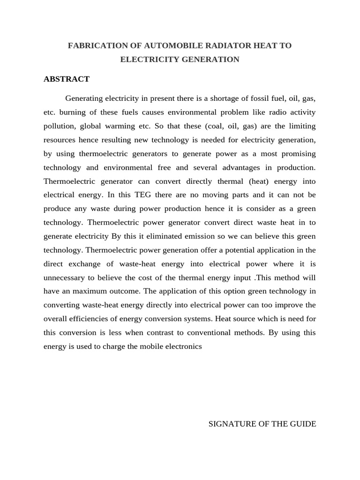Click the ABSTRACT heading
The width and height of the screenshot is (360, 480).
67,79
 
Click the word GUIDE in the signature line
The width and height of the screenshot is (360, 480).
304,424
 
